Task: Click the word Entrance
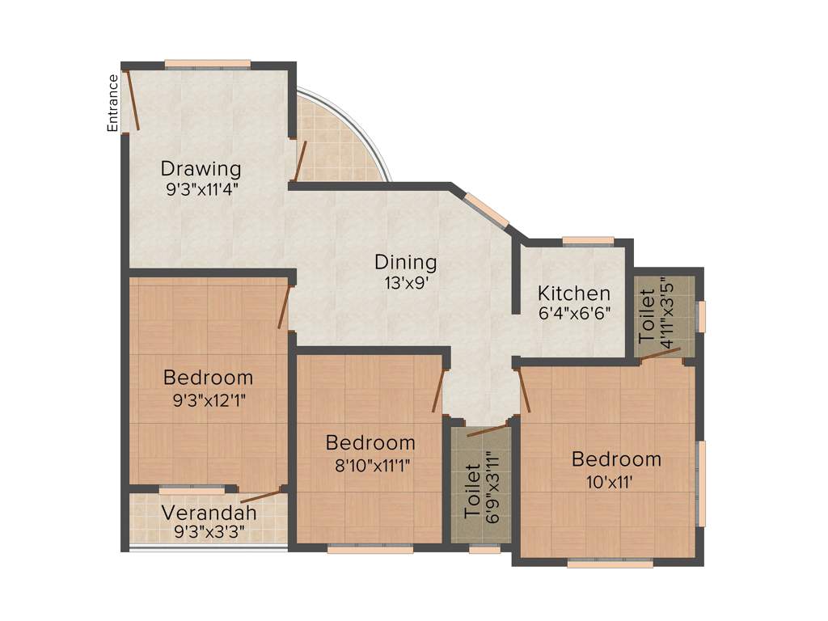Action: [x=113, y=103]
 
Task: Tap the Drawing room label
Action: [x=201, y=169]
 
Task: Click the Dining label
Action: [x=405, y=263]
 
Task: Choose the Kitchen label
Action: [x=574, y=293]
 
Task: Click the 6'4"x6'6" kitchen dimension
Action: [x=574, y=313]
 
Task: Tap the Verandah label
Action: [x=209, y=513]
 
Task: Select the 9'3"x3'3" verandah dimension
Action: [x=209, y=532]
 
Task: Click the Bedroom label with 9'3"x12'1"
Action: [x=208, y=378]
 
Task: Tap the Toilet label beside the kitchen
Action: [x=648, y=314]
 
